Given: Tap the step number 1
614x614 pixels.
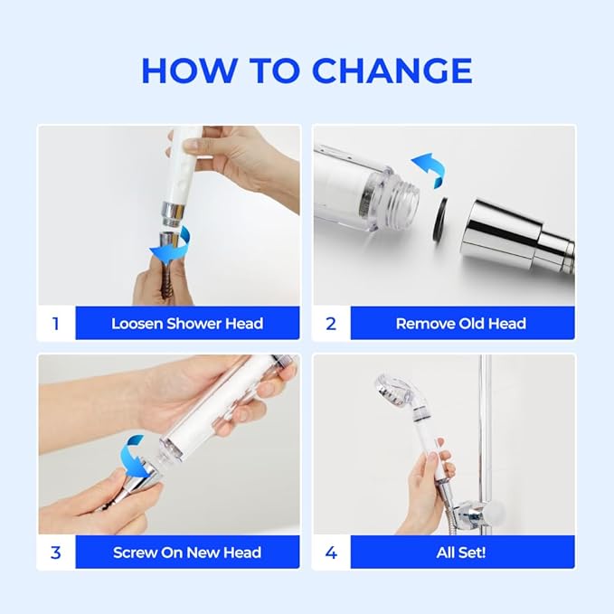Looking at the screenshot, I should [x=55, y=323].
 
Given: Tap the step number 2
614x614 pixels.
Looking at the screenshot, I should [x=331, y=323].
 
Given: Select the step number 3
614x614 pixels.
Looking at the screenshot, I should [x=55, y=552].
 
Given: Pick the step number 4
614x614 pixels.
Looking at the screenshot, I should [x=331, y=552].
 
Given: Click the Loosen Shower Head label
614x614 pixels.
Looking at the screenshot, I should [x=187, y=323].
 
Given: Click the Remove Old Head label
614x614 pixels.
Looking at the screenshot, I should [x=461, y=323].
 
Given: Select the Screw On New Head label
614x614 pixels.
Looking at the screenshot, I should [x=187, y=552].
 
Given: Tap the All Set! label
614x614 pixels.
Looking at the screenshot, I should [x=461, y=552].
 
